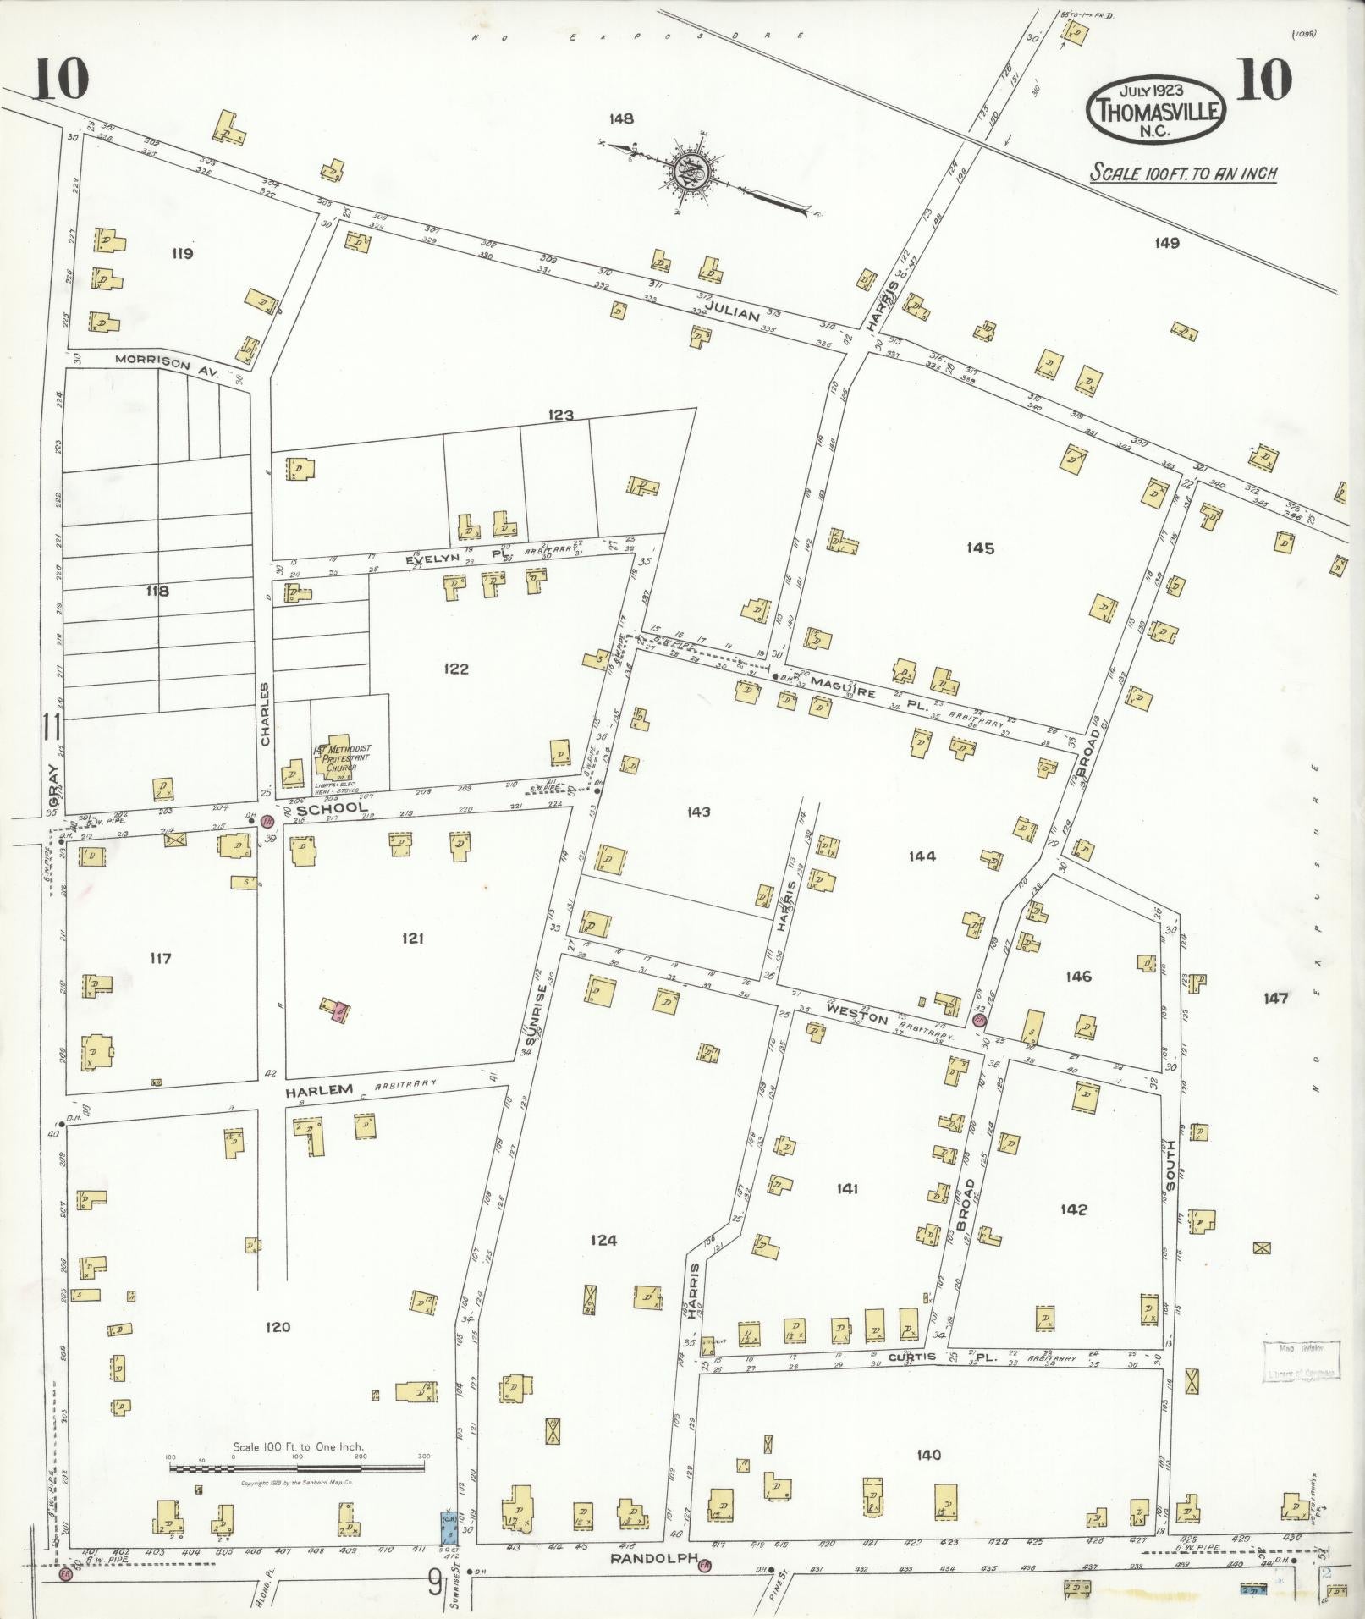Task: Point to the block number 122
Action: click(x=455, y=669)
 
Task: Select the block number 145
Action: click(x=980, y=548)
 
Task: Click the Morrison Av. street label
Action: click(x=167, y=365)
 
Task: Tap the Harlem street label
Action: click(x=317, y=1091)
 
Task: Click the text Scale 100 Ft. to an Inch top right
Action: click(x=1182, y=173)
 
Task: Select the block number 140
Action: click(x=927, y=1454)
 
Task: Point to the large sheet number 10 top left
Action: click(x=61, y=81)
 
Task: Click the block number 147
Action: click(x=1275, y=999)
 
